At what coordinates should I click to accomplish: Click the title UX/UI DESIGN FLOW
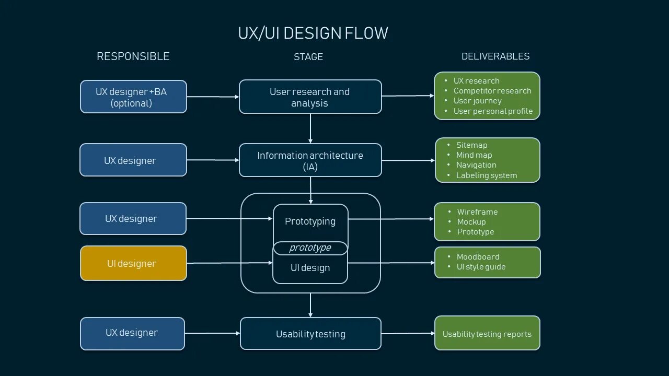click(313, 33)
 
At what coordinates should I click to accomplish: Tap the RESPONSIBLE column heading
click(133, 56)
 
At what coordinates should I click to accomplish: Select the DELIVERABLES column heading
click(495, 56)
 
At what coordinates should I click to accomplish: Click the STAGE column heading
click(308, 57)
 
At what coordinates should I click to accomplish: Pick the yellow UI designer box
click(133, 264)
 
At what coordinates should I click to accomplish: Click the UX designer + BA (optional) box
click(133, 97)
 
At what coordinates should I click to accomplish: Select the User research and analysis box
click(310, 97)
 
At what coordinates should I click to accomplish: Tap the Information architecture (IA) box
click(310, 160)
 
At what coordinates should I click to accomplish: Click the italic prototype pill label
click(310, 248)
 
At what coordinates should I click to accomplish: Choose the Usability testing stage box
click(310, 334)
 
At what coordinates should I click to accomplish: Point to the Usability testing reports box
click(487, 334)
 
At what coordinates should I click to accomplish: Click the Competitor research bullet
click(492, 91)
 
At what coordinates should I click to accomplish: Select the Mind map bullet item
click(474, 155)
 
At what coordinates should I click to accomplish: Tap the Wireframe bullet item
click(477, 212)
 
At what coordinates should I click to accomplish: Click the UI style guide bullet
click(481, 267)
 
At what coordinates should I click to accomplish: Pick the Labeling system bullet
click(486, 175)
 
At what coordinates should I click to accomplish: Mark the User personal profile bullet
click(493, 111)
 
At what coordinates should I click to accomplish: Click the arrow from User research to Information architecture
click(310, 128)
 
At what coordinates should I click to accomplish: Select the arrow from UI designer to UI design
click(230, 263)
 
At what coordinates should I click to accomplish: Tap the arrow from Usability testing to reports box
click(408, 333)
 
